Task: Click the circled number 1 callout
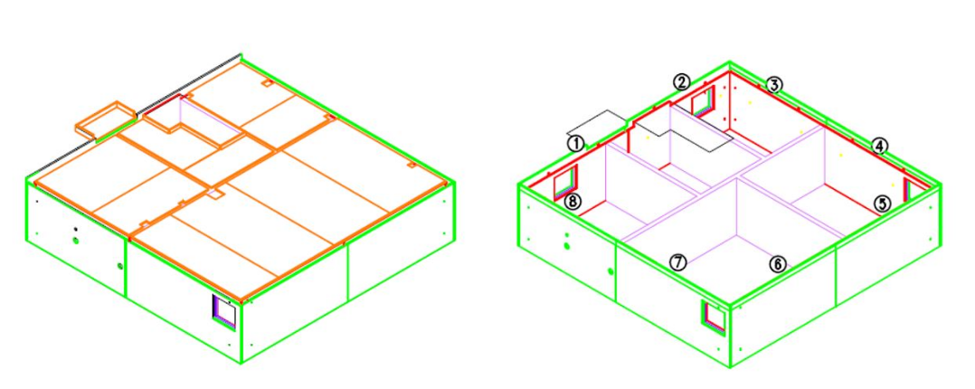point(576,144)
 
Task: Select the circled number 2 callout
point(682,81)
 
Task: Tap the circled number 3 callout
point(773,85)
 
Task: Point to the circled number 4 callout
point(879,147)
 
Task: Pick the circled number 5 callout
point(882,203)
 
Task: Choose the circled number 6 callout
point(777,264)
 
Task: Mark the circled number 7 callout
point(677,262)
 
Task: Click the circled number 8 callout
point(573,202)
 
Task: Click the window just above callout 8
point(566,182)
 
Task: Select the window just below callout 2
point(703,103)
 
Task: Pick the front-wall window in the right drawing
point(715,318)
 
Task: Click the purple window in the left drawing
point(225,310)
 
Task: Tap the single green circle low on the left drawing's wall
point(119,266)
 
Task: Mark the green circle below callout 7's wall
point(611,271)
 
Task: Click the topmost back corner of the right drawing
point(729,62)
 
